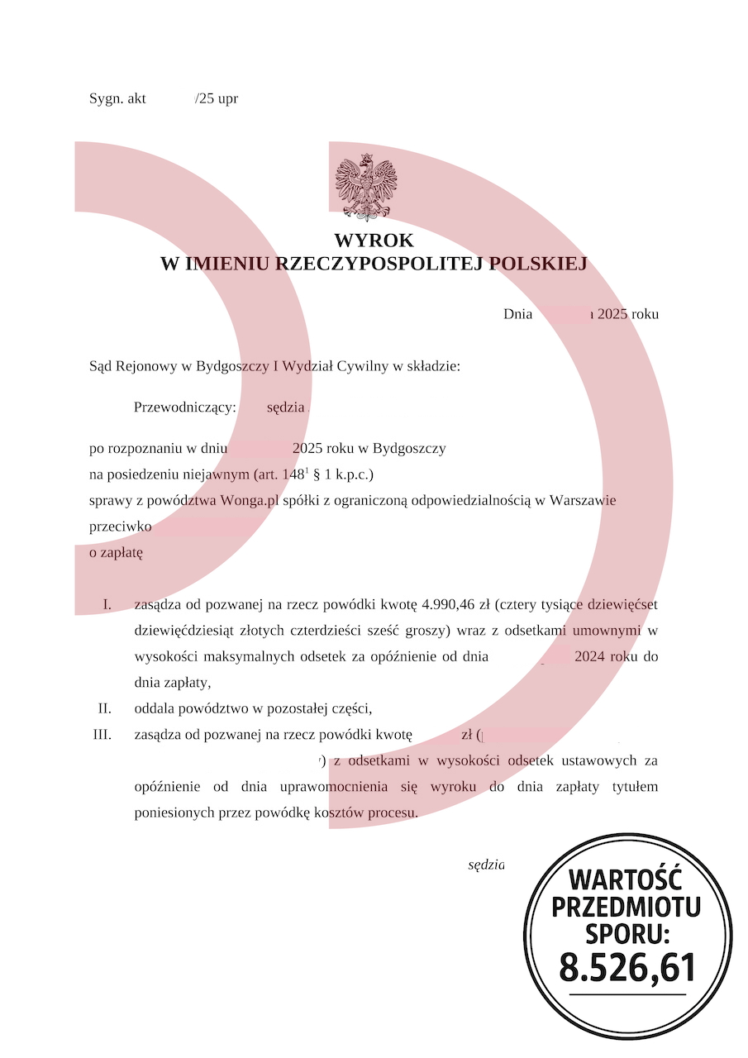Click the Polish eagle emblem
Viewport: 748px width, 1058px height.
tap(366, 187)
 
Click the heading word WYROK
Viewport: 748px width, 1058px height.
tap(374, 241)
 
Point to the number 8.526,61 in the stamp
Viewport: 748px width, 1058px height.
tap(627, 967)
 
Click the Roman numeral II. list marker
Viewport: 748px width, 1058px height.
tap(104, 708)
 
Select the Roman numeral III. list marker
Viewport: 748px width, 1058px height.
tap(102, 735)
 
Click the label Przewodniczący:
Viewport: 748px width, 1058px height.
tap(185, 407)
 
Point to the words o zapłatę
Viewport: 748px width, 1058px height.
tap(116, 553)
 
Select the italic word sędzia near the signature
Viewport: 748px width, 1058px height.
tap(486, 865)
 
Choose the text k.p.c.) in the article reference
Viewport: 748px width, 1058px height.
tap(351, 475)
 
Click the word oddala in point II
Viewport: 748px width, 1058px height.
tap(154, 708)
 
